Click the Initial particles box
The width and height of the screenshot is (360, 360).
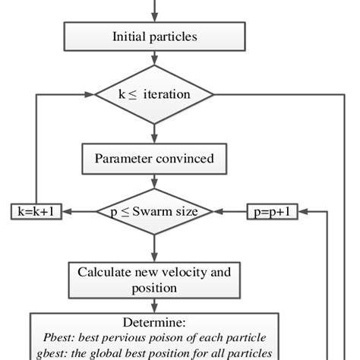[x=155, y=36]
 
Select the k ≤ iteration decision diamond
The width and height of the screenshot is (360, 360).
[x=155, y=95]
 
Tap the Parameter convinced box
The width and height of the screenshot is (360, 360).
[x=155, y=159]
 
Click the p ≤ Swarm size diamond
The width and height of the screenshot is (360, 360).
[x=155, y=212]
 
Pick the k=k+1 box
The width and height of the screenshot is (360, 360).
[x=36, y=212]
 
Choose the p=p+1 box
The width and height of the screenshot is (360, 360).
[x=272, y=212]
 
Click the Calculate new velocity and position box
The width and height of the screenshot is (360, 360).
[x=155, y=279]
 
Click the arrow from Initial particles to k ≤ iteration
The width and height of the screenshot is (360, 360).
[x=155, y=59]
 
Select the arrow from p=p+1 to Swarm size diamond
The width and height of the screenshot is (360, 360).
[x=232, y=212]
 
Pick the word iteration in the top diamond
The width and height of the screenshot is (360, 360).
[x=169, y=95]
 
